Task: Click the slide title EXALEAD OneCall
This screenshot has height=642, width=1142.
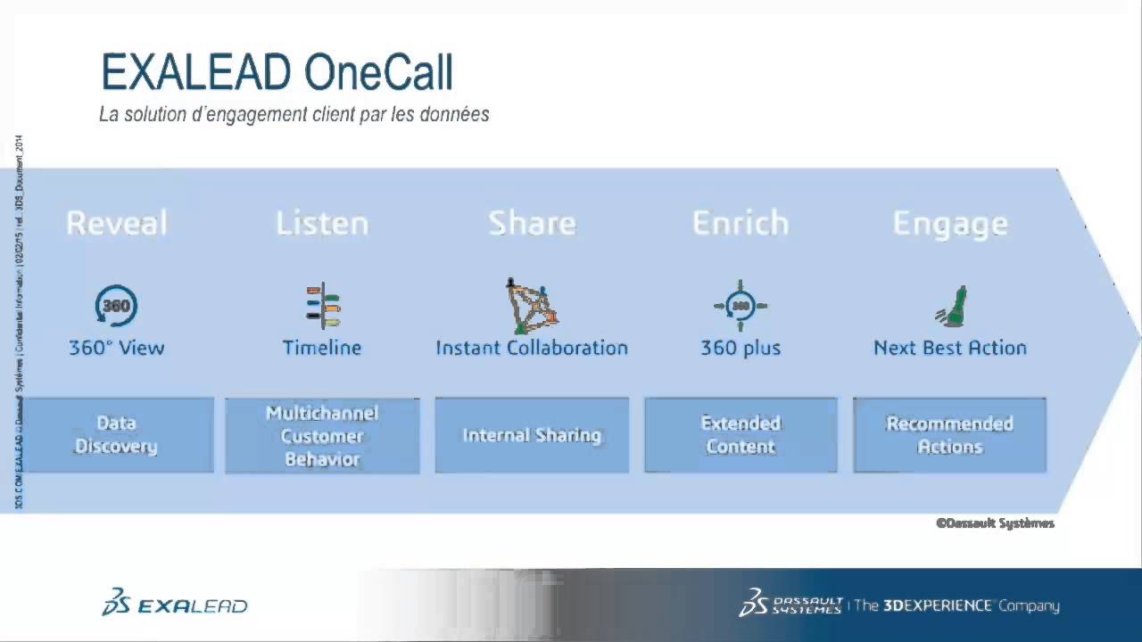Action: tap(277, 72)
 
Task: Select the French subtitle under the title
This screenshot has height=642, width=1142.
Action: tap(294, 115)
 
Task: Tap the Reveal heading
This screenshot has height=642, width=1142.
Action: tap(117, 223)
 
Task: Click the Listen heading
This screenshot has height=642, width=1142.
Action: tap(322, 223)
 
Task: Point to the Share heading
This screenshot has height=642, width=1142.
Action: tap(532, 223)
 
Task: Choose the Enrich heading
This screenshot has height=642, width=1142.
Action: tap(741, 223)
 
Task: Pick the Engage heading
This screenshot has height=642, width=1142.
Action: tap(950, 223)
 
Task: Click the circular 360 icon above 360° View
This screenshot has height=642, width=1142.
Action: tap(116, 306)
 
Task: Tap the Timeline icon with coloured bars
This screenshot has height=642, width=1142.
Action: tap(323, 306)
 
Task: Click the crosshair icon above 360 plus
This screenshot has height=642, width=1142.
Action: tap(741, 306)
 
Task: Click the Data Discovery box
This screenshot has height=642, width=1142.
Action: tap(116, 435)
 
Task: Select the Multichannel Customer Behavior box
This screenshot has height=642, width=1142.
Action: tap(322, 435)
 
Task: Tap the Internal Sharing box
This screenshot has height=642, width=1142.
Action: tap(532, 435)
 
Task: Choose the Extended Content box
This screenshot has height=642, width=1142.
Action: tap(741, 435)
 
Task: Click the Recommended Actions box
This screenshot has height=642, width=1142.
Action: tap(950, 435)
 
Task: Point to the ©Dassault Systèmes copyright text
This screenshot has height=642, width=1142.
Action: tap(995, 523)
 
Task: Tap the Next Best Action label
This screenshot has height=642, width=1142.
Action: tap(950, 348)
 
